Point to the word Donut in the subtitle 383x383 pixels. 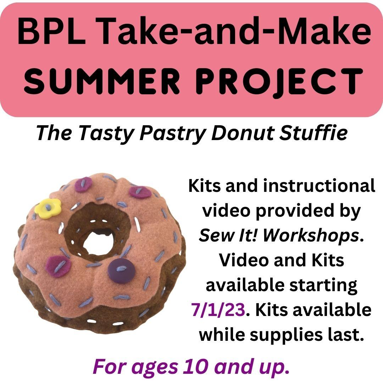click(243, 133)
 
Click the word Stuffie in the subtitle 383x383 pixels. click(314, 133)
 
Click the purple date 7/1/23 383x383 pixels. click(218, 310)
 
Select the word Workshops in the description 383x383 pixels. click(311, 236)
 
